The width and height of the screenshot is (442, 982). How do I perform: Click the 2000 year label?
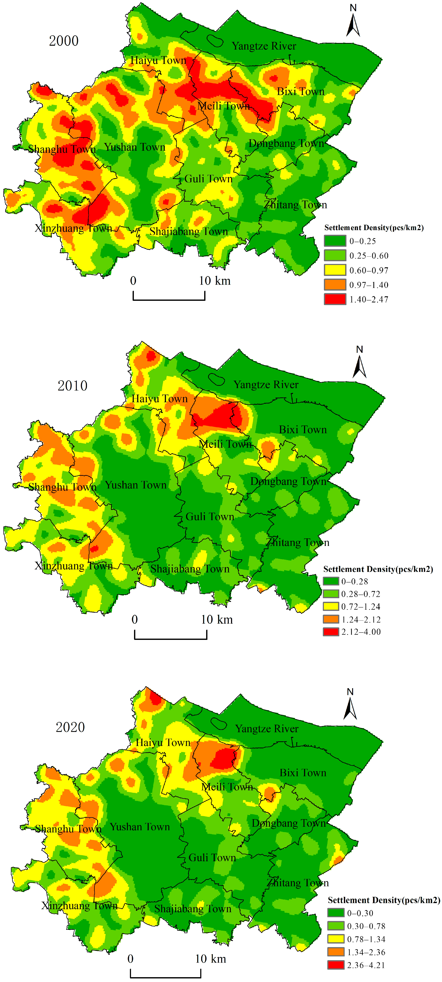click(64, 41)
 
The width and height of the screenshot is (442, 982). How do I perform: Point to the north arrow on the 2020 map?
click(350, 705)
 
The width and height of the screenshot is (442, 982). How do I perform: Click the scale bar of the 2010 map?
click(171, 635)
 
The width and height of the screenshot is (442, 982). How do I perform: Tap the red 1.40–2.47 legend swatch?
click(335, 299)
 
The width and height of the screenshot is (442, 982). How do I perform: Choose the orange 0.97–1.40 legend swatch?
click(335, 285)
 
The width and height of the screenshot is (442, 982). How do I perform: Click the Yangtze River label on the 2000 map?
click(264, 46)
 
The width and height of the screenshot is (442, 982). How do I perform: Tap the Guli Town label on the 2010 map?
click(210, 517)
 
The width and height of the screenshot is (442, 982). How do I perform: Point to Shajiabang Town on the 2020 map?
click(193, 909)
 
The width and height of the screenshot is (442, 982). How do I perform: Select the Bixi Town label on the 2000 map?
click(300, 91)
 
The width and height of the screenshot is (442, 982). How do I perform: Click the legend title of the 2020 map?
click(384, 900)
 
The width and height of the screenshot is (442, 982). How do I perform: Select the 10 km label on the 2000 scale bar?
click(215, 281)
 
